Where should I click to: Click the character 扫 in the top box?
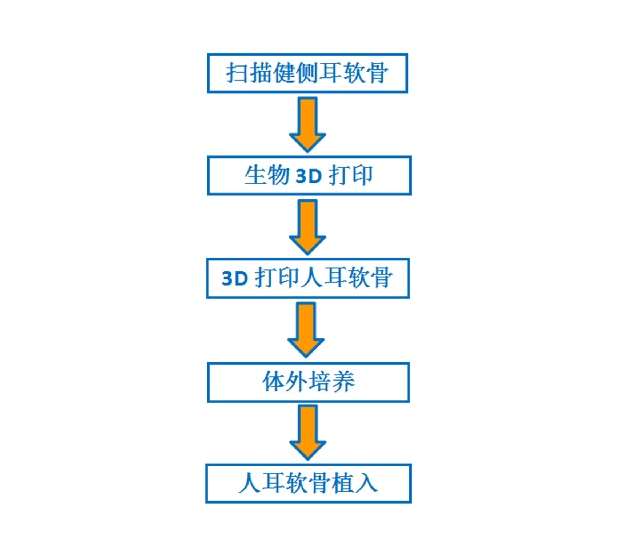point(238,73)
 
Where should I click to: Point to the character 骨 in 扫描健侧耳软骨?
point(377,73)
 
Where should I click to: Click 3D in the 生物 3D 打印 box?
point(309,176)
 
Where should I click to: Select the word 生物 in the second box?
point(267,175)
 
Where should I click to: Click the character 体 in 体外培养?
point(274,382)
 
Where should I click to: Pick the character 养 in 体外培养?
point(343,382)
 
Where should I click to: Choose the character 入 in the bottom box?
point(367,483)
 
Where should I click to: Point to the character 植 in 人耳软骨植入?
point(343,483)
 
